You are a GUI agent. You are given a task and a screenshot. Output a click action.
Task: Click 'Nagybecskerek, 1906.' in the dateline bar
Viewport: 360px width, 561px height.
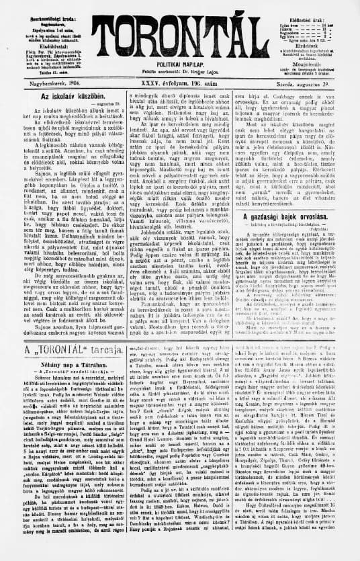pos(44,83)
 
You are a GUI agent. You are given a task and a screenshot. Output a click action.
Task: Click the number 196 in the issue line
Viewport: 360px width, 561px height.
pos(185,83)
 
